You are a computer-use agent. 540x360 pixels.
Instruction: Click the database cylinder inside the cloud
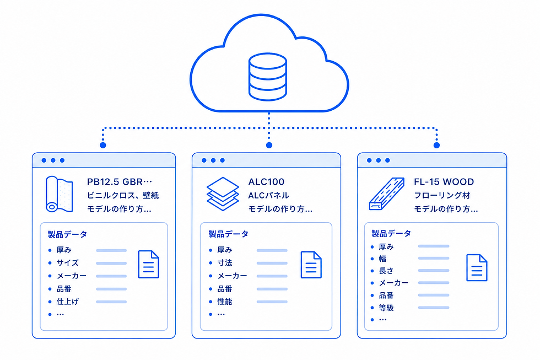click(268, 77)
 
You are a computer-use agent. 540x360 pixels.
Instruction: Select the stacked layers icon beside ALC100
click(223, 194)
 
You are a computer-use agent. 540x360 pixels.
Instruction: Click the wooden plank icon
click(386, 194)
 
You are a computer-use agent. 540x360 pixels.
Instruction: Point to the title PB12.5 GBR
click(119, 181)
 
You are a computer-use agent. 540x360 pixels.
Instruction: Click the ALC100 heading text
click(266, 181)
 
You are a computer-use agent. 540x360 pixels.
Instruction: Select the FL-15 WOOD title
click(444, 181)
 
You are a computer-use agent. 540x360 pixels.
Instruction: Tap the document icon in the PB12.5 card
click(148, 264)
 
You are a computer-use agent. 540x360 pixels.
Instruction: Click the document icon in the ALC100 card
click(311, 265)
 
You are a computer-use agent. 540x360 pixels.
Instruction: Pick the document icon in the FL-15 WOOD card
click(477, 268)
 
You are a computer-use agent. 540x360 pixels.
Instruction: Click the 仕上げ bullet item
click(67, 302)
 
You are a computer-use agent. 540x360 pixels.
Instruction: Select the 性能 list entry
click(225, 302)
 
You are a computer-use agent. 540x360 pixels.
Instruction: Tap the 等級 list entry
click(386, 308)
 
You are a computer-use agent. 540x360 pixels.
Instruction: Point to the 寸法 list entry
click(225, 262)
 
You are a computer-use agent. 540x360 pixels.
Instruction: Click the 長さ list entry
click(386, 271)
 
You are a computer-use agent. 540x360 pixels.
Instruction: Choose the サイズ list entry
click(67, 262)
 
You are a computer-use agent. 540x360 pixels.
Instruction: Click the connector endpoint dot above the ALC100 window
click(269, 145)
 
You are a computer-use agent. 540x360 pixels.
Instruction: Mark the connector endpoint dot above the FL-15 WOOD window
click(436, 145)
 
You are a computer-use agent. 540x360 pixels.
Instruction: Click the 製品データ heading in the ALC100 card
click(228, 234)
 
